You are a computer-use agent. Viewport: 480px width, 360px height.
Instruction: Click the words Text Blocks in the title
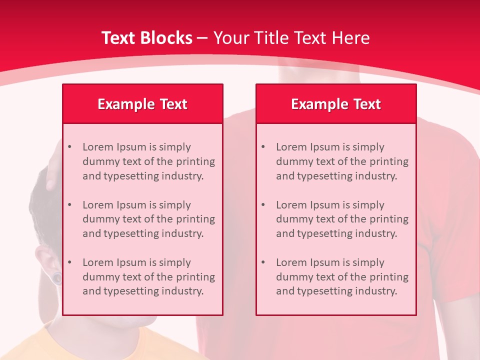coord(146,38)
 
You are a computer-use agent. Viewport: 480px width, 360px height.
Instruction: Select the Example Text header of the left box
coord(142,104)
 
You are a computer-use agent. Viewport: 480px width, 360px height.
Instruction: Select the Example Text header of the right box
coord(336,104)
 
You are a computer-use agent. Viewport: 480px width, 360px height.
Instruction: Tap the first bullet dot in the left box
coord(69,147)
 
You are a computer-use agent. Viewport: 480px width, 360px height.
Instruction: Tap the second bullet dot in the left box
coord(69,205)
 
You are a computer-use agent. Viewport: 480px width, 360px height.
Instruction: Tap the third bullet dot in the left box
coord(69,262)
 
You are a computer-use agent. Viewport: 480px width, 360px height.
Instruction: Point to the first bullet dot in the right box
coord(263,147)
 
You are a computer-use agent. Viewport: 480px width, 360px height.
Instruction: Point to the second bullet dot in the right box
coord(263,205)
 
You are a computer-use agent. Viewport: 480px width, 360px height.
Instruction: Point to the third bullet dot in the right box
coord(263,262)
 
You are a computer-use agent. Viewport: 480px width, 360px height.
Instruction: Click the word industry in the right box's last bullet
coord(377,291)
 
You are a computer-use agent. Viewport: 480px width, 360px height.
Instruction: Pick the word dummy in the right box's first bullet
coord(291,161)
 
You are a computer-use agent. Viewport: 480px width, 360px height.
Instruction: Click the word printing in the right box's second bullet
coord(389,219)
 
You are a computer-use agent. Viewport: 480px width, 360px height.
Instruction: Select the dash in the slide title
coord(202,38)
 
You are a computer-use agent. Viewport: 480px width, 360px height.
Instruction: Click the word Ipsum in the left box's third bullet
coord(131,262)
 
